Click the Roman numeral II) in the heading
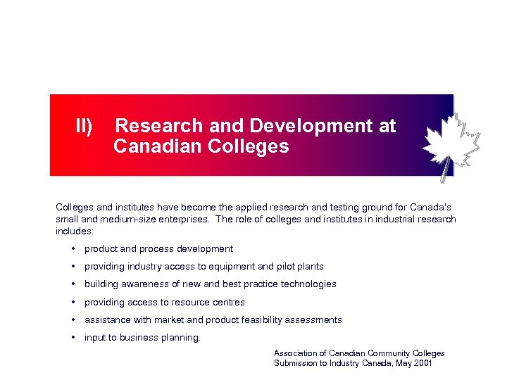[84, 126]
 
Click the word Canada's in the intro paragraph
[432, 208]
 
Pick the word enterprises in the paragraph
[184, 219]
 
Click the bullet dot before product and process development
[73, 248]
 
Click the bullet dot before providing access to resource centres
[73, 302]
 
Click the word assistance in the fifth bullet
[106, 319]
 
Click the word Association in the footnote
[296, 353]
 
